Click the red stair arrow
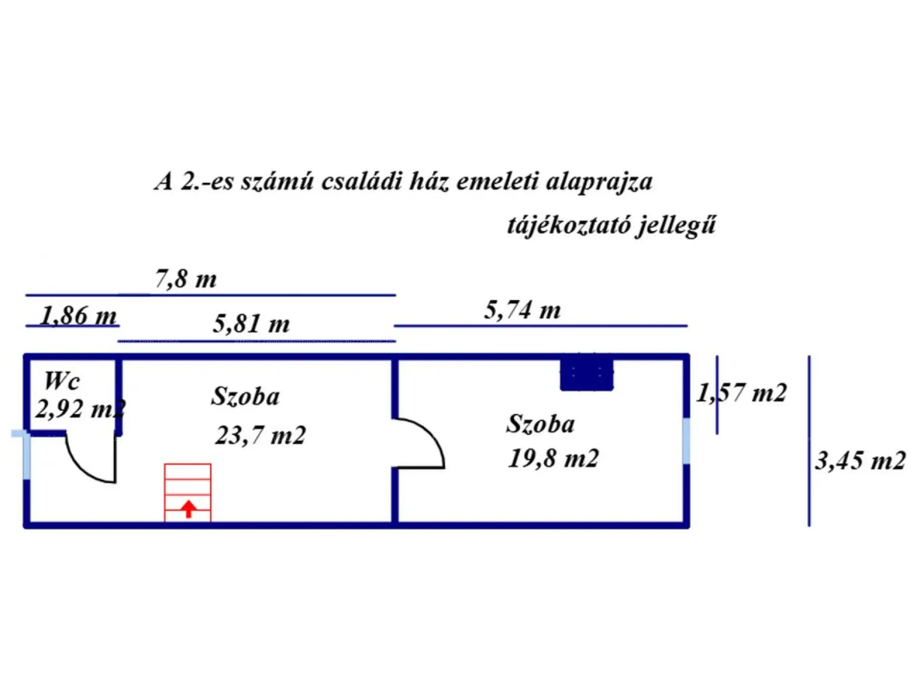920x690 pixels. pyautogui.click(x=189, y=509)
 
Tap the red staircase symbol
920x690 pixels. pyautogui.click(x=188, y=493)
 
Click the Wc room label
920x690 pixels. pyautogui.click(x=62, y=381)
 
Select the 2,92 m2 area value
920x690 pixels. pyautogui.click(x=80, y=409)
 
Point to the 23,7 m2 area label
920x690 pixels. pyautogui.click(x=260, y=436)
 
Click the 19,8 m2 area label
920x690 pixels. pyautogui.click(x=553, y=459)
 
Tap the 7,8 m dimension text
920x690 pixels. pyautogui.click(x=186, y=279)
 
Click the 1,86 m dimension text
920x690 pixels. pyautogui.click(x=79, y=316)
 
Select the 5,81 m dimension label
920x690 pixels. pyautogui.click(x=252, y=323)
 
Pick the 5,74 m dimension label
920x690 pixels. pyautogui.click(x=522, y=310)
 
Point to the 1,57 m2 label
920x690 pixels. pyautogui.click(x=741, y=393)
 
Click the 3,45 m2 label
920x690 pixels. pyautogui.click(x=861, y=461)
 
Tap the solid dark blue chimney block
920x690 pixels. pyautogui.click(x=586, y=373)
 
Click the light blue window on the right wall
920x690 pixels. pyautogui.click(x=686, y=441)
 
